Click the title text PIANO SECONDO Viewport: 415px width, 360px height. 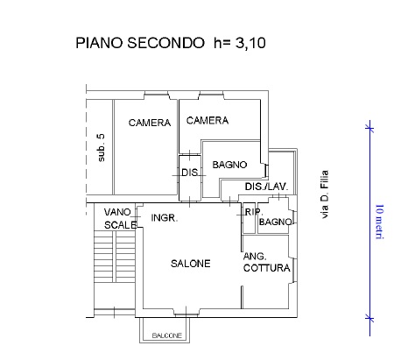(x=140, y=43)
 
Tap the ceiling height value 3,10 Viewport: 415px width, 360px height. (x=250, y=43)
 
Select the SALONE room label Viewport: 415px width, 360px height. (x=191, y=264)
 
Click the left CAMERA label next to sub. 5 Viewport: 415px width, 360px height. (x=150, y=123)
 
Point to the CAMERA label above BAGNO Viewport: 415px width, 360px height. (x=207, y=120)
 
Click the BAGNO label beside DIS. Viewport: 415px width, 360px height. (x=229, y=165)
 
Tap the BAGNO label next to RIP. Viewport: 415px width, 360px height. (x=275, y=222)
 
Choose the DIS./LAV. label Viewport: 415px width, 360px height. (x=266, y=187)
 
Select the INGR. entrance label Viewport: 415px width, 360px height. (x=165, y=218)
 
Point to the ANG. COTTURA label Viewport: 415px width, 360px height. (x=267, y=262)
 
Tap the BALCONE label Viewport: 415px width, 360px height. (x=167, y=335)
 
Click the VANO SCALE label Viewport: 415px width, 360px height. (x=120, y=218)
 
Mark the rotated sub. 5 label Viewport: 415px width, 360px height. (x=101, y=147)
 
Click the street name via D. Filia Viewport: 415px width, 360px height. (x=324, y=194)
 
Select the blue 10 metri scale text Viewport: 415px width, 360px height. (x=379, y=222)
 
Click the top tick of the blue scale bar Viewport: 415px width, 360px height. (x=369, y=128)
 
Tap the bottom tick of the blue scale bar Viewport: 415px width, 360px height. (x=369, y=318)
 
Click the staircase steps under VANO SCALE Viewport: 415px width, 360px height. (x=115, y=257)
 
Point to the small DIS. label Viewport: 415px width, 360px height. (x=190, y=173)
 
